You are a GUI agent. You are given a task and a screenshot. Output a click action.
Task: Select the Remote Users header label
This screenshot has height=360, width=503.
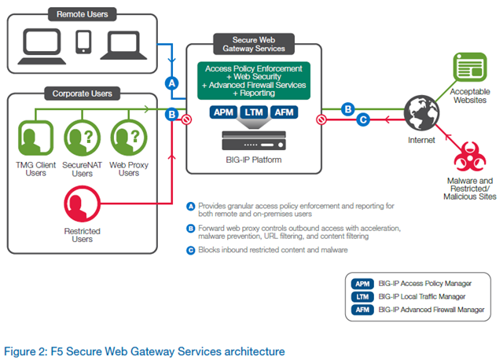(83, 14)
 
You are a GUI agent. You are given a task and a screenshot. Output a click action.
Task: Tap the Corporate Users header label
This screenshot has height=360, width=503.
(83, 94)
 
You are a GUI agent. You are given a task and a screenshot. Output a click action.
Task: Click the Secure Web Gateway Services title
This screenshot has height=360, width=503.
(241, 42)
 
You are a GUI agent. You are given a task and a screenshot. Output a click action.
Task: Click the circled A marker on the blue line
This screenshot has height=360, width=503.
(172, 83)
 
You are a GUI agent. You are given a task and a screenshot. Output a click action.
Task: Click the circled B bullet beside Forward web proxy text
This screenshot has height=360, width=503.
(191, 229)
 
